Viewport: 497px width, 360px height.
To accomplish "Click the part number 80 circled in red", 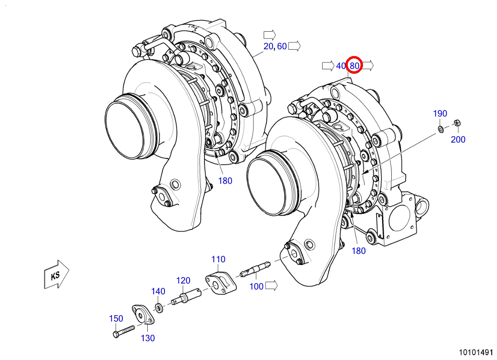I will pyautogui.click(x=354, y=66).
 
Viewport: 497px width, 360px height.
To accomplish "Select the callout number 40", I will pyautogui.click(x=341, y=66).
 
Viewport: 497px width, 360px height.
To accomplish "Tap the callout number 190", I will pyautogui.click(x=440, y=114).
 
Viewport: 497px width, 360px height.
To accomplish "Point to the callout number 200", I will pyautogui.click(x=458, y=139).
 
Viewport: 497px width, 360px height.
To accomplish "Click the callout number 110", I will pyautogui.click(x=218, y=259).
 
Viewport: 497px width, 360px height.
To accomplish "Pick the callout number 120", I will pyautogui.click(x=183, y=280).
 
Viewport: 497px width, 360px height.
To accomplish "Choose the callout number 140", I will pyautogui.click(x=158, y=291).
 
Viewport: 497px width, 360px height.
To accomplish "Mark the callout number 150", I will pyautogui.click(x=116, y=319).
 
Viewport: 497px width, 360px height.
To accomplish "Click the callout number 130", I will pyautogui.click(x=148, y=338).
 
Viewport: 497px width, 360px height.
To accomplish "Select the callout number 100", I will pyautogui.click(x=257, y=286).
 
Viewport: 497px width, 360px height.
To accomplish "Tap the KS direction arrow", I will pyautogui.click(x=56, y=274).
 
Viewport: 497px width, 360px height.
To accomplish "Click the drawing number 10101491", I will pyautogui.click(x=475, y=353).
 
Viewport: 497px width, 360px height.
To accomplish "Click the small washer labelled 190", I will pyautogui.click(x=440, y=129).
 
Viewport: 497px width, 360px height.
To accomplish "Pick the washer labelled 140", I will pyautogui.click(x=158, y=308).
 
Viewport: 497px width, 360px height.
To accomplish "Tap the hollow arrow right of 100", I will pyautogui.click(x=271, y=286).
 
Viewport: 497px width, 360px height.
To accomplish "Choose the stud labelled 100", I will pyautogui.click(x=255, y=269).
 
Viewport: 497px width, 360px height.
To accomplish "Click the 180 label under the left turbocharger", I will pyautogui.click(x=225, y=181).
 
